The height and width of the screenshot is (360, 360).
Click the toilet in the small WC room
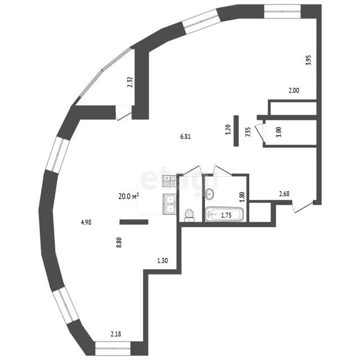click(x=189, y=215)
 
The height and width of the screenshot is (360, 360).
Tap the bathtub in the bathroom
click(x=224, y=214)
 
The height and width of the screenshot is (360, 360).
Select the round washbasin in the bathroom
click(x=209, y=193)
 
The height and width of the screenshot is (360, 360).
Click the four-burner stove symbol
click(x=169, y=181)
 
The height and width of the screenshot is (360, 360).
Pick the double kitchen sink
click(x=169, y=204)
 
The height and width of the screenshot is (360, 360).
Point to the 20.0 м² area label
click(x=129, y=196)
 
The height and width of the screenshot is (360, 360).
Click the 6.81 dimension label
click(x=186, y=137)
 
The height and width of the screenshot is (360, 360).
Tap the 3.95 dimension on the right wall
click(x=308, y=60)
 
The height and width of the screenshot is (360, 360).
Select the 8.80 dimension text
click(x=119, y=242)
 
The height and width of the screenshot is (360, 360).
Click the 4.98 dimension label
click(x=86, y=222)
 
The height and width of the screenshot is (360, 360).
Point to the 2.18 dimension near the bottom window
click(x=116, y=334)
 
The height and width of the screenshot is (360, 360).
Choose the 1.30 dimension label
click(x=163, y=260)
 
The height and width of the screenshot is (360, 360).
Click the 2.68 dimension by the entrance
click(x=284, y=194)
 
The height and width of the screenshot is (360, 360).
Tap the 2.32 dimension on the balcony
click(x=130, y=82)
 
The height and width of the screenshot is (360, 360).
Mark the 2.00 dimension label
click(x=294, y=91)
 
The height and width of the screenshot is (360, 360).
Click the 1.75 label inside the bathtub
click(x=226, y=215)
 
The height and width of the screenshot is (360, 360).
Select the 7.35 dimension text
click(x=247, y=132)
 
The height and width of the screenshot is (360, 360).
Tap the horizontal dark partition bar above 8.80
click(x=134, y=222)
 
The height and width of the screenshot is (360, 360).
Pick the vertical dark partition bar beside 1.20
click(x=236, y=130)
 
